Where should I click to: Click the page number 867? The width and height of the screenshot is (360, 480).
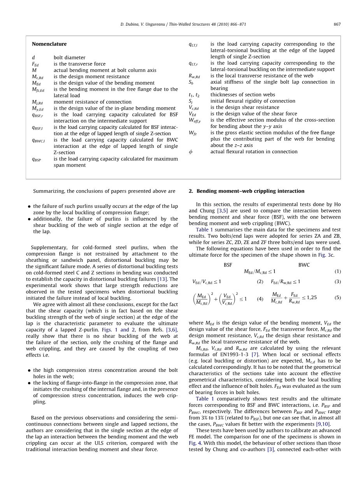tap(337, 24)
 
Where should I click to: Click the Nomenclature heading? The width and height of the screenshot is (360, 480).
tap(49, 44)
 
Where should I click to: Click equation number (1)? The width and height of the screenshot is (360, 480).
tap(337, 272)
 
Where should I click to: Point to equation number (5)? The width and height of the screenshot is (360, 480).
tap(337, 298)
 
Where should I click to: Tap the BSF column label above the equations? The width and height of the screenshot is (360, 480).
tap(228, 265)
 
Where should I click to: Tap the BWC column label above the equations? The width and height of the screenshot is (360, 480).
tap(304, 265)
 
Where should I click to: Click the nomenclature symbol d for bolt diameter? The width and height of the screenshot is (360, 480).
tap(33, 58)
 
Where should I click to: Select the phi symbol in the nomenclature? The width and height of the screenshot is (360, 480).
tap(190, 152)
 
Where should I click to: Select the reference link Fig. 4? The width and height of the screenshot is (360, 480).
tap(195, 443)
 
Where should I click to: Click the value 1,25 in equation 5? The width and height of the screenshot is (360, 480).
tap(312, 298)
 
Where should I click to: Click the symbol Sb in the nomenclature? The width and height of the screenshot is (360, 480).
tap(191, 82)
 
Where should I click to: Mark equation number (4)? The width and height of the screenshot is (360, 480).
tap(260, 299)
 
